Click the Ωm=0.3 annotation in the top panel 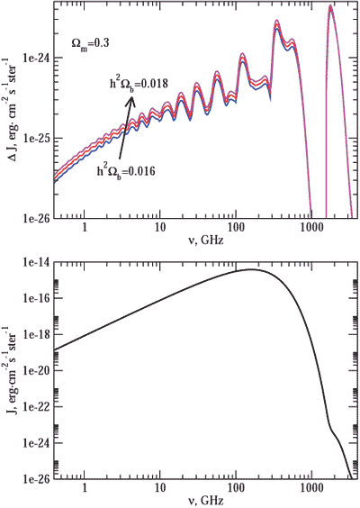(90, 41)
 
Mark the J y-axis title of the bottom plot (10, 369)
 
